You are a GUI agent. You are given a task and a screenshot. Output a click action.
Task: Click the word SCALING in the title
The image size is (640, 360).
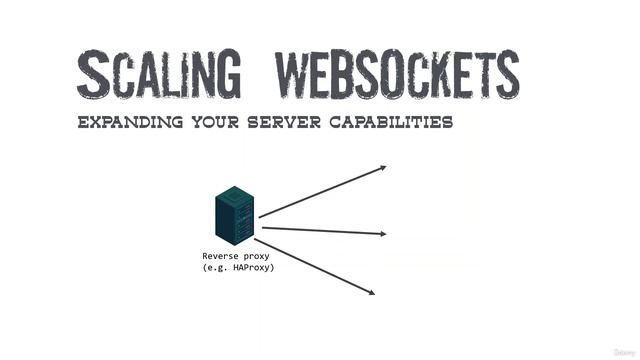pos(159,74)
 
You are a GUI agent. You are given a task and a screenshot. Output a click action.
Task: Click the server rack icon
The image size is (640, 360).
pos(234,215)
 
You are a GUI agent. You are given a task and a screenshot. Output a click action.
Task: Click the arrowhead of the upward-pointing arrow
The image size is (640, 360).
pos(382,168)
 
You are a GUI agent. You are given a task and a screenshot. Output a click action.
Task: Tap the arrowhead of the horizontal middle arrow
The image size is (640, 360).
pos(382,234)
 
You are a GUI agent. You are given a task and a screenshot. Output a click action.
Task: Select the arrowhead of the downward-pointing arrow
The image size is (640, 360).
pos(372,292)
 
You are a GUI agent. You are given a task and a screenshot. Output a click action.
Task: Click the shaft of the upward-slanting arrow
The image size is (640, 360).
pos(320,191)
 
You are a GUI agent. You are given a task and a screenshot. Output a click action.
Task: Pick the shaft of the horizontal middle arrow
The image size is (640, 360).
pos(320,230)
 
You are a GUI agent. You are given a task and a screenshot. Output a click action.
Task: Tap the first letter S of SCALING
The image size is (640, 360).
pos(93,74)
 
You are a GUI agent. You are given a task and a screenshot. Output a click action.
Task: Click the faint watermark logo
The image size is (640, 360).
pos(622,352)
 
